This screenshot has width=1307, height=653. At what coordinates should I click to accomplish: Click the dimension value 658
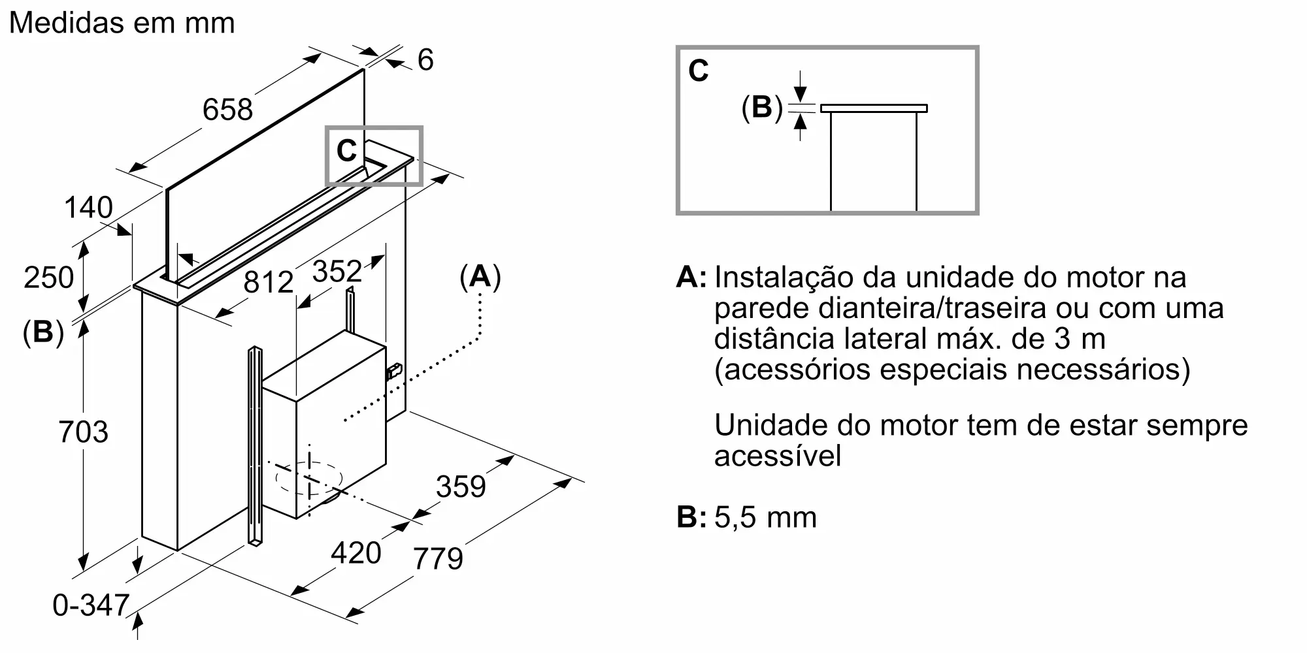[227, 109]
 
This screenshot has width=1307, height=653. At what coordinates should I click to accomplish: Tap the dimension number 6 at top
[425, 60]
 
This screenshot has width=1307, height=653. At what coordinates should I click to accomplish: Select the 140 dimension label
[88, 208]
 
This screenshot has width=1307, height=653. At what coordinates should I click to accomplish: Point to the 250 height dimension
[48, 278]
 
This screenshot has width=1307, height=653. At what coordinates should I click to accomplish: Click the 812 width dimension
[268, 282]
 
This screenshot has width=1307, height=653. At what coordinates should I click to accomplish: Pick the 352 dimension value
[337, 271]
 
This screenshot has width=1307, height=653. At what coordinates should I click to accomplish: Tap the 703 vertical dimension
[83, 432]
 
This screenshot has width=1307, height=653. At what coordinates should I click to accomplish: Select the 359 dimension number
[461, 486]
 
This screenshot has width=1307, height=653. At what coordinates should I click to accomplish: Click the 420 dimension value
[356, 553]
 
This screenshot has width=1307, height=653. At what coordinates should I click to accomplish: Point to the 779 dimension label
[438, 558]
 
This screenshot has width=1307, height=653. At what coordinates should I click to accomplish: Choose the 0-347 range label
[91, 605]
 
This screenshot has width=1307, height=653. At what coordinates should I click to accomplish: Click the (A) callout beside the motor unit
[480, 277]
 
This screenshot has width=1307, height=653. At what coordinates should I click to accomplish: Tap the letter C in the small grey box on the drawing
[346, 151]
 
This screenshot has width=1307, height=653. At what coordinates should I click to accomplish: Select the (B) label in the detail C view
[761, 107]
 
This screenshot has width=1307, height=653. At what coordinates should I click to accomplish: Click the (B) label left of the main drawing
[43, 332]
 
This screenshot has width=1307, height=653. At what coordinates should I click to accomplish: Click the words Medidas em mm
[122, 23]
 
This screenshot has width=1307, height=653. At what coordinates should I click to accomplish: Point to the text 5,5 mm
[765, 517]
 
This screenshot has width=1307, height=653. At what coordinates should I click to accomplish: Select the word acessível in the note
[777, 456]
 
